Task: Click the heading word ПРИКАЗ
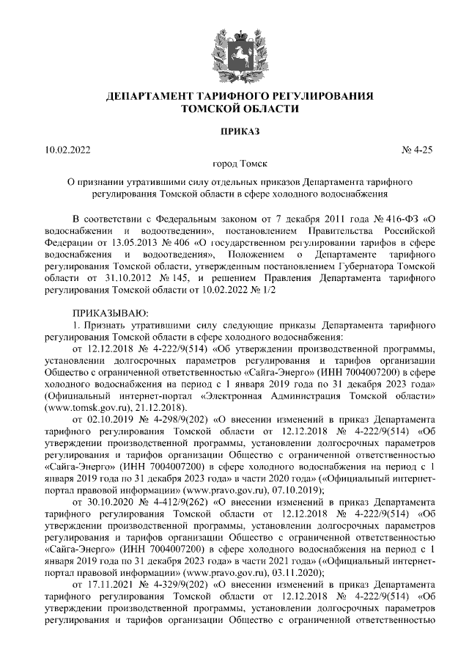click(234, 132)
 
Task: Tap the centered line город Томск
click(234, 164)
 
